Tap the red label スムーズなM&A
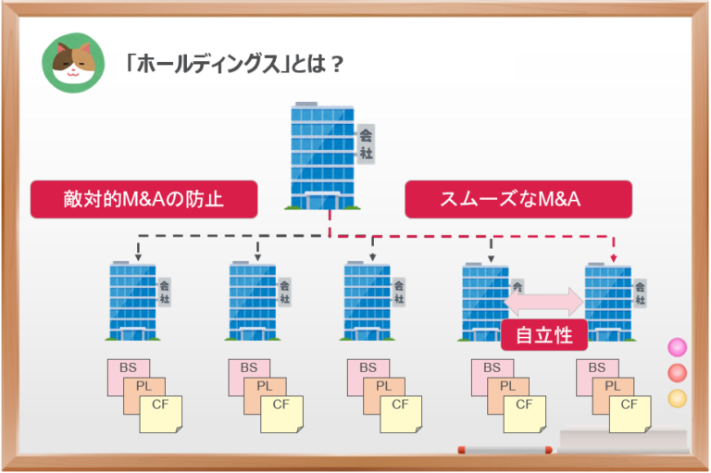pos(518,199)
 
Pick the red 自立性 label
pos(543,335)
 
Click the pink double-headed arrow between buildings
pos(543,301)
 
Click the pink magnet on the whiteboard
pos(678,347)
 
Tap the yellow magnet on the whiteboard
pos(678,398)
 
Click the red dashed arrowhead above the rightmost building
pos(612,257)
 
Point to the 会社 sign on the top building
pos(366,143)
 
